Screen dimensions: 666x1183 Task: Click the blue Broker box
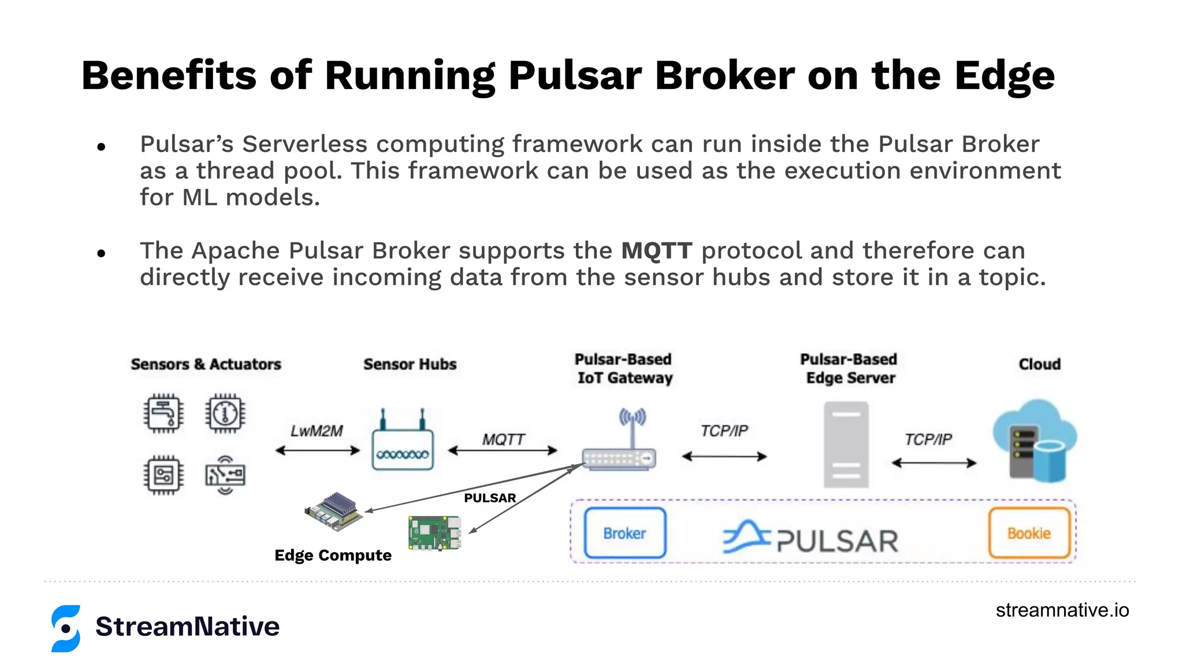click(x=625, y=533)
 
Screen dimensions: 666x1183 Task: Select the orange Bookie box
click(x=1029, y=533)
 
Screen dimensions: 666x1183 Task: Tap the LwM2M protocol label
click(x=317, y=431)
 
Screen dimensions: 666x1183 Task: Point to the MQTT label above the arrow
click(x=503, y=440)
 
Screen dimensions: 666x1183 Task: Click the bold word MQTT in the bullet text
click(x=656, y=251)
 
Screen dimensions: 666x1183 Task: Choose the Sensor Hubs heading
click(x=410, y=364)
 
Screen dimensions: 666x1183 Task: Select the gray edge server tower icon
click(x=846, y=445)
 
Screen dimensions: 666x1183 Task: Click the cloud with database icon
click(x=1035, y=441)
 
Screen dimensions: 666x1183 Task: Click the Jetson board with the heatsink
click(x=334, y=512)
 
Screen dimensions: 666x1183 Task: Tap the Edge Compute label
click(x=333, y=556)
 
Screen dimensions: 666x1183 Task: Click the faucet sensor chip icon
click(x=164, y=413)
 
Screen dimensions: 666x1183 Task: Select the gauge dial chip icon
click(x=225, y=413)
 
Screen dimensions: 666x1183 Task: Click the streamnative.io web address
click(x=1062, y=610)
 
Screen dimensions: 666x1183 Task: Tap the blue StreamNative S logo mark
click(x=66, y=628)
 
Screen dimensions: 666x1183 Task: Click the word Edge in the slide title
click(x=1005, y=76)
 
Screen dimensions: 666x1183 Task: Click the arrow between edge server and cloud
click(x=934, y=463)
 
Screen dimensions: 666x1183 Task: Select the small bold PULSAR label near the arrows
click(x=490, y=498)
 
